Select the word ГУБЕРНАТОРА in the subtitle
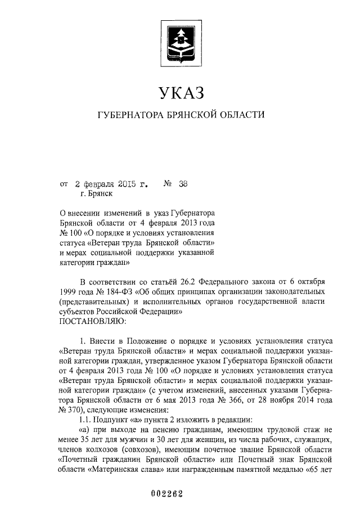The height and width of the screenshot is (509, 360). pos(130,115)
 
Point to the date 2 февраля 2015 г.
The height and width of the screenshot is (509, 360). pos(111,183)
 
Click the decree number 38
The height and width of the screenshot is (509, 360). pos(183,183)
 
